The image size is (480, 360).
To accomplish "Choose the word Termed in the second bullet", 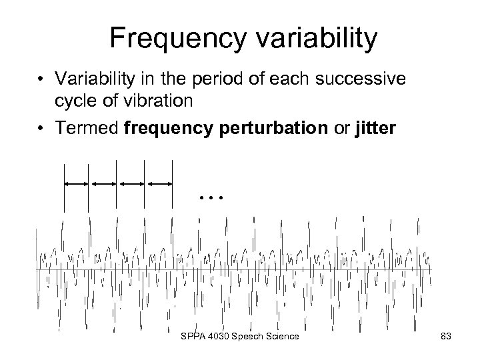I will tap(89, 129).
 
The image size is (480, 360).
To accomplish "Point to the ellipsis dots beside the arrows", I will tap(212, 197).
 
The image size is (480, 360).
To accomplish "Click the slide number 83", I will tap(446, 337).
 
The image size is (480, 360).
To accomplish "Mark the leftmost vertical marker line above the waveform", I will tap(64, 187).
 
